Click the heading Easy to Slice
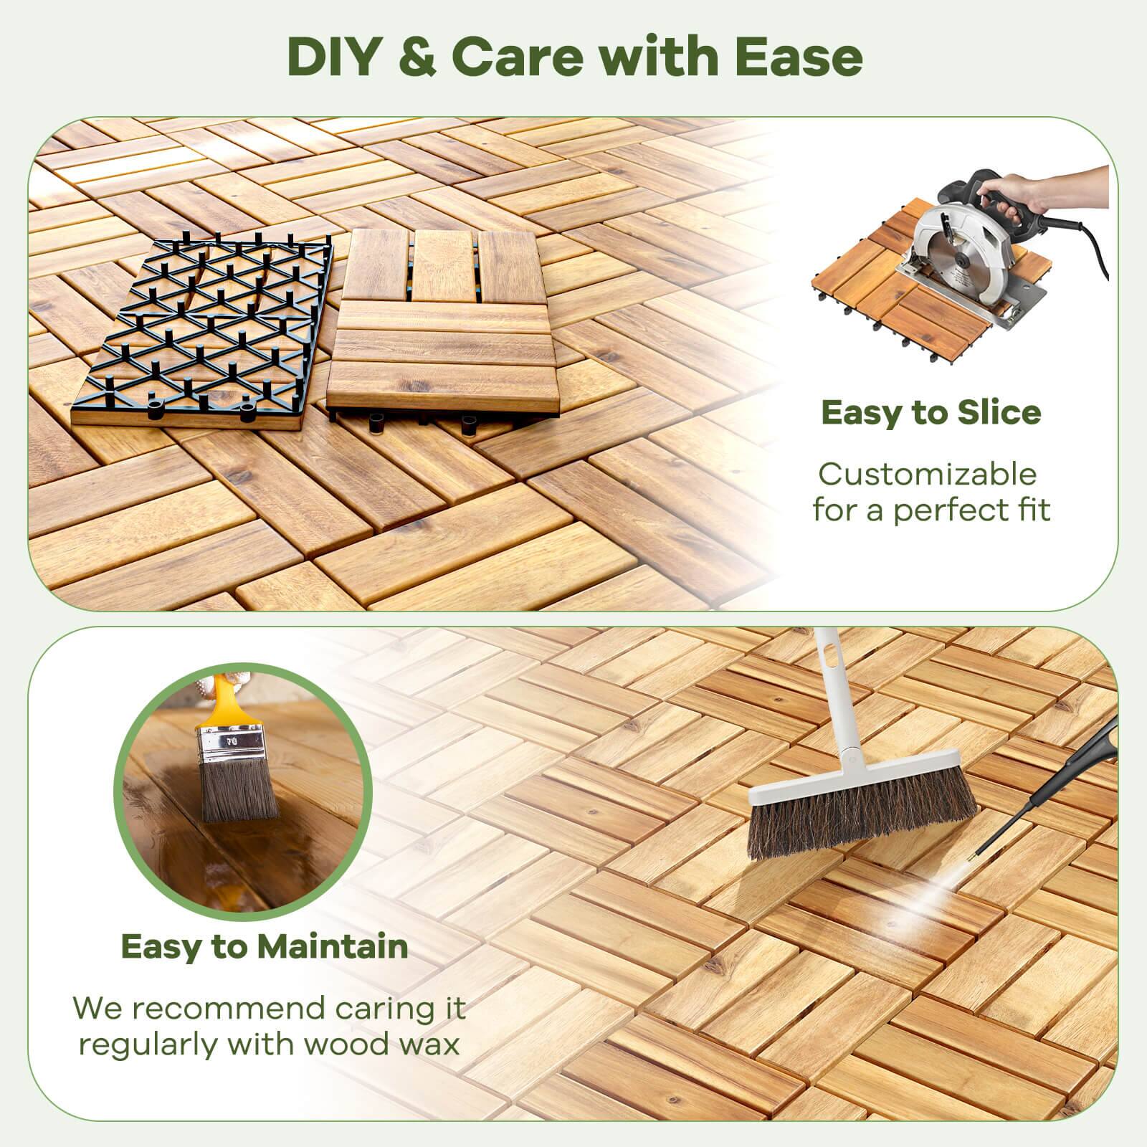pos(931,412)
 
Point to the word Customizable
pos(928,475)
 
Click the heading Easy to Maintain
pos(265,947)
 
